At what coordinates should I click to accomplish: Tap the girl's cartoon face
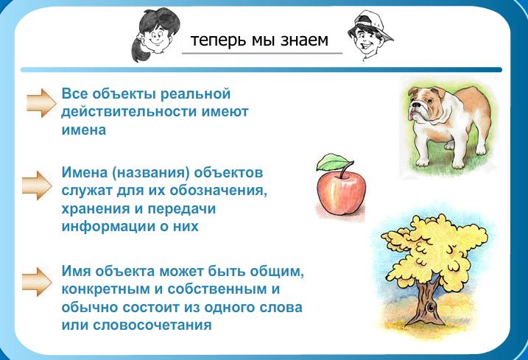pyautogui.click(x=155, y=34)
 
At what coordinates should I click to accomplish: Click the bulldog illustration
pyautogui.click(x=448, y=127)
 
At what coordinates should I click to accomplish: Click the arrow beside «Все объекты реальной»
pyautogui.click(x=41, y=103)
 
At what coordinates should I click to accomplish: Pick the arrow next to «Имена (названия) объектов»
pyautogui.click(x=37, y=186)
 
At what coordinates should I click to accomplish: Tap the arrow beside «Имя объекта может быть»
pyautogui.click(x=37, y=282)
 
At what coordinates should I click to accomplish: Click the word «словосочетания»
pyautogui.click(x=152, y=325)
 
